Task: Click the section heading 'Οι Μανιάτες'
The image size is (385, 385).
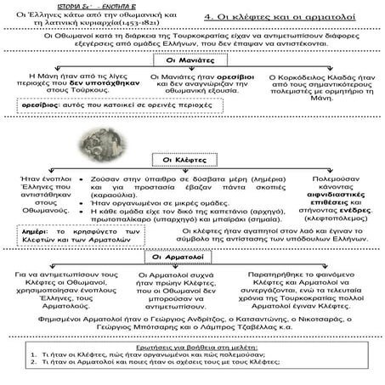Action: click(x=191, y=61)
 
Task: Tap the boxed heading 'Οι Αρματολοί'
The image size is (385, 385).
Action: click(x=191, y=256)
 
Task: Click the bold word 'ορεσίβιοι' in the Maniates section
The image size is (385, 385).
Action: click(x=223, y=77)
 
